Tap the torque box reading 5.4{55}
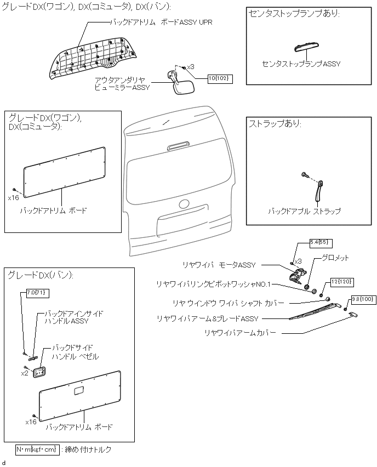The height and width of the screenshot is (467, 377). coord(321,243)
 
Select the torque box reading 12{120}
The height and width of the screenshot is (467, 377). coord(341,282)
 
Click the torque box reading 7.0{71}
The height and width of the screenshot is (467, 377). coord(37,293)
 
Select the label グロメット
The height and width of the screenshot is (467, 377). coord(335,258)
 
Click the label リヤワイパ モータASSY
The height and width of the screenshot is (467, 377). coord(219,265)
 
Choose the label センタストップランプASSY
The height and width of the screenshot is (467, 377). coord(301,64)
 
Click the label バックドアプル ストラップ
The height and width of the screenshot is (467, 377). coord(304,211)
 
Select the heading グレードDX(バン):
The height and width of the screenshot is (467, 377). coord(41,275)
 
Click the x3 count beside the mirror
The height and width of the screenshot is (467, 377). coord(191,67)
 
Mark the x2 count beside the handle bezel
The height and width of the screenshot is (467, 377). coord(25,373)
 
